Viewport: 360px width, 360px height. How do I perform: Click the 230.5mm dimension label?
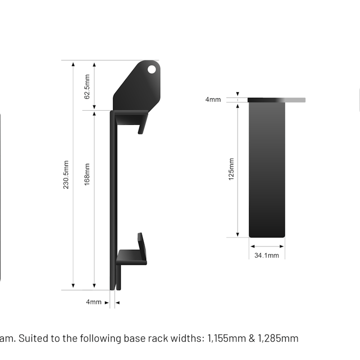coord(66,175)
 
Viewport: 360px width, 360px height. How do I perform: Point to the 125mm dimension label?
coord(231,169)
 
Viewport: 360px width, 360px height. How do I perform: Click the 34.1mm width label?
coord(267,256)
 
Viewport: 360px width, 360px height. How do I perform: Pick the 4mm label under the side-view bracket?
coord(94,302)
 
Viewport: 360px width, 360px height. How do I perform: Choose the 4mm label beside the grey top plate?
coord(213,99)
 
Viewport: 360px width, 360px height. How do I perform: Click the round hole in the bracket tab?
coord(153,69)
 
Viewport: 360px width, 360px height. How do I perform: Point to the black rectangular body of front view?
coord(267,169)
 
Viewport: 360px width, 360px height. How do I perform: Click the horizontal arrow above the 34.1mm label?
coord(267,246)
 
